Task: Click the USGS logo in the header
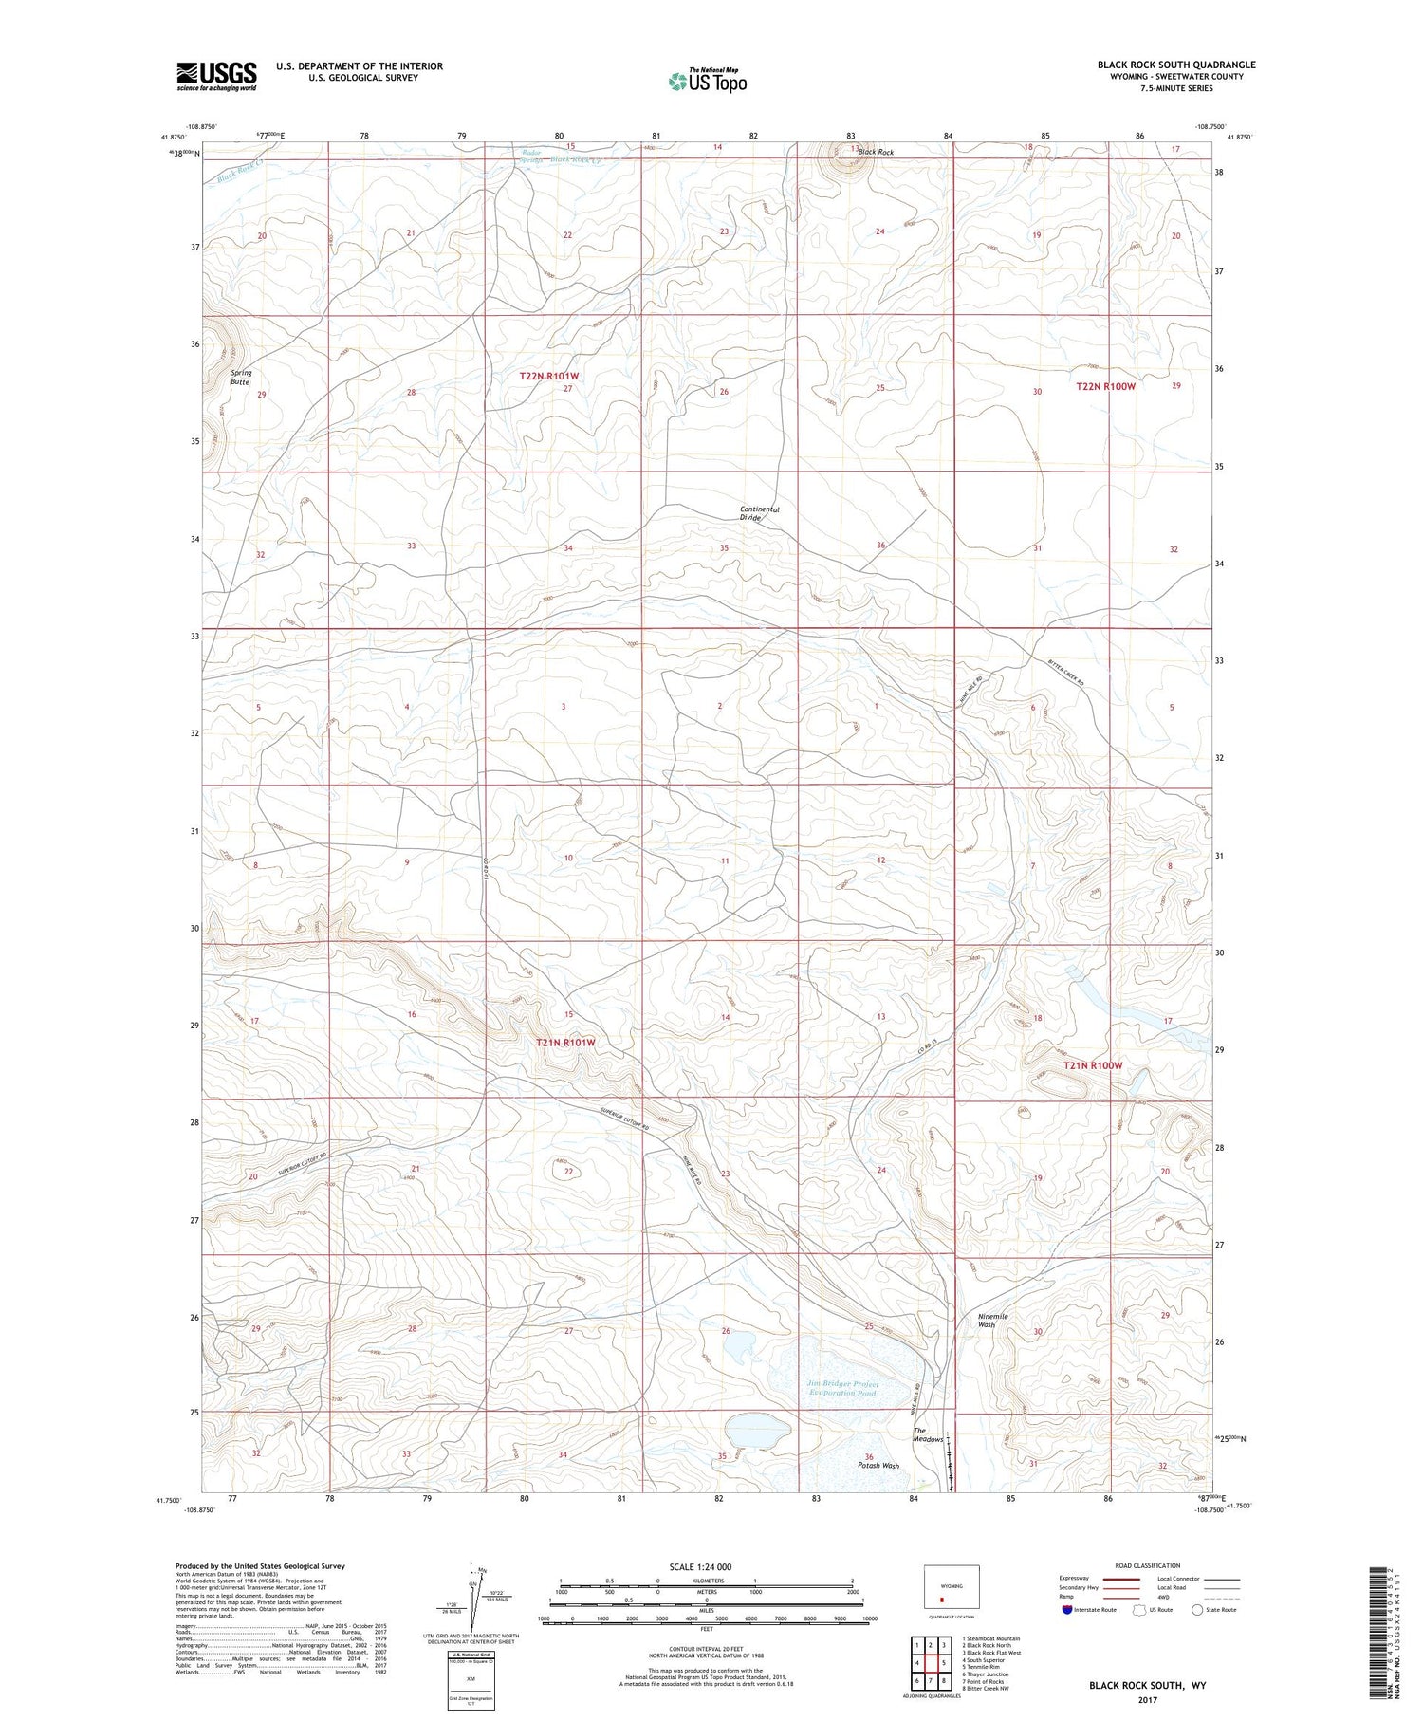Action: (x=216, y=76)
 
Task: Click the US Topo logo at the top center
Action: (x=708, y=82)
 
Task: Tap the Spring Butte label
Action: (x=241, y=377)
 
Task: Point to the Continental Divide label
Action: (x=759, y=513)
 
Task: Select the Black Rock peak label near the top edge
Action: (x=875, y=152)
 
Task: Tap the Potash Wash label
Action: (x=878, y=1466)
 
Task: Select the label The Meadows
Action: (x=928, y=1434)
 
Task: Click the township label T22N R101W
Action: (x=548, y=377)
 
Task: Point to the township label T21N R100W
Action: (x=1092, y=1065)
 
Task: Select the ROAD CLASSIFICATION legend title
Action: (x=1147, y=1565)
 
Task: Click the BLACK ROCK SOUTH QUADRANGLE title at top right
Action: (x=1175, y=65)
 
